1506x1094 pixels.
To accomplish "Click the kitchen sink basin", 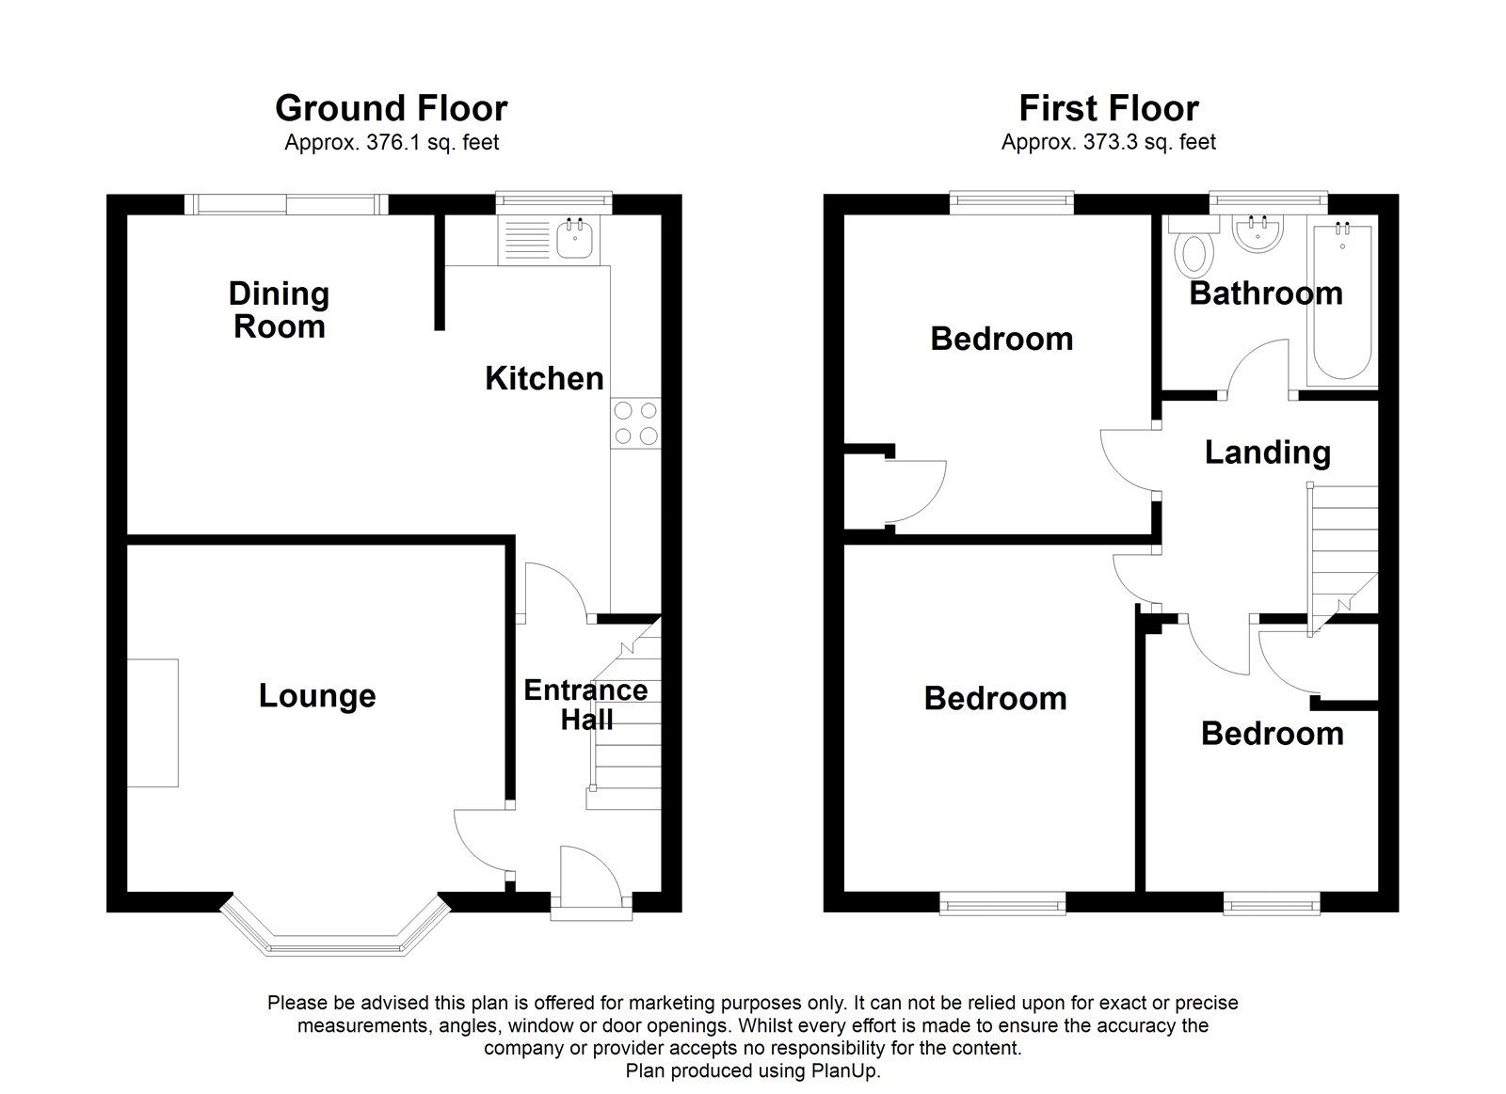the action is (x=575, y=238).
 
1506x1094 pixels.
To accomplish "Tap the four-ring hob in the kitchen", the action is (x=635, y=423).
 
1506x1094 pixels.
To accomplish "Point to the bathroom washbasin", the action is (x=1258, y=234).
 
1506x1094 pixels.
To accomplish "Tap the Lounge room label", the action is (x=317, y=695).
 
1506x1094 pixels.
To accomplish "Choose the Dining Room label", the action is (x=279, y=309).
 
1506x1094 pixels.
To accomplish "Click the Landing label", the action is (x=1267, y=452).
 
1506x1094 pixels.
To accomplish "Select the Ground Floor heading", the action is (x=392, y=107).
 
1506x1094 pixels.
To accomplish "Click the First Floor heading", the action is (x=1109, y=107).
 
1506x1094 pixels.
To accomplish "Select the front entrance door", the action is (x=591, y=880).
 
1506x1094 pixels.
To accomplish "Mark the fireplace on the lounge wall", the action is (x=152, y=722).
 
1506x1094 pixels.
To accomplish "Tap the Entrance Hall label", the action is (x=586, y=705).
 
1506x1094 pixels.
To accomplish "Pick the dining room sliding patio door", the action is (x=286, y=204).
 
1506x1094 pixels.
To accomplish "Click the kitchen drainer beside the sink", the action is (x=527, y=239).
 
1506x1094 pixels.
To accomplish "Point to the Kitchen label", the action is (x=545, y=378).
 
